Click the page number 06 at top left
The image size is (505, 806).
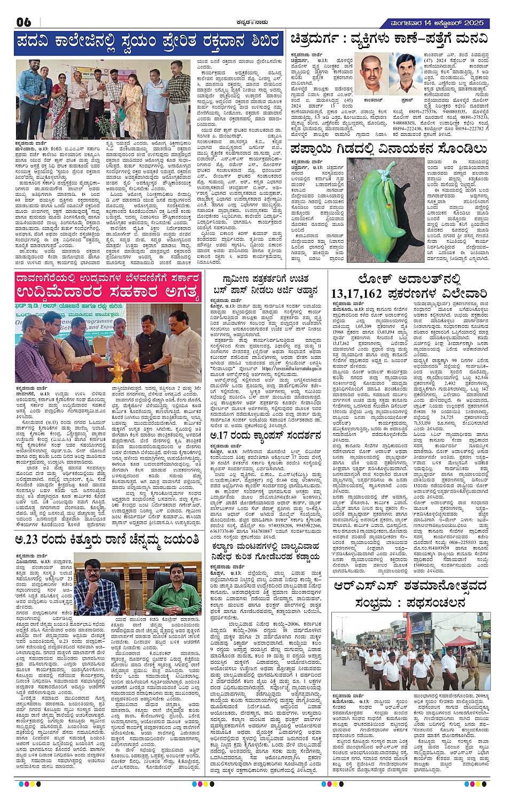[24, 22]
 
